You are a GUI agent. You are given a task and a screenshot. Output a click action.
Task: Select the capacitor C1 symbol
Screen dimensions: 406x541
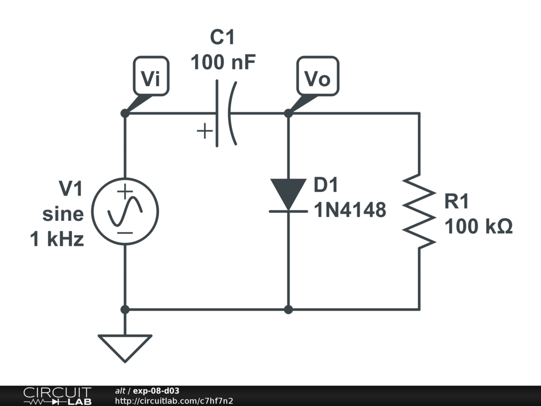coord(225,113)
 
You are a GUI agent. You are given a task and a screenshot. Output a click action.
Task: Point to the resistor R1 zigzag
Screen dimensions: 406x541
coord(419,211)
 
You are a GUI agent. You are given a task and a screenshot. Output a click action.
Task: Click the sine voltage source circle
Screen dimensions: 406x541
coord(125,211)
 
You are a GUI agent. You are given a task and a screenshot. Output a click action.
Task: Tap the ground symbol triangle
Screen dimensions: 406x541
coord(125,346)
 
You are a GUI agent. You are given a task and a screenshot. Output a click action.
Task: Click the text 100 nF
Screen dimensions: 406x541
coord(223,63)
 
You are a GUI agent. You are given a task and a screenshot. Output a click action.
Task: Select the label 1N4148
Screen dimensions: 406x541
coord(350,211)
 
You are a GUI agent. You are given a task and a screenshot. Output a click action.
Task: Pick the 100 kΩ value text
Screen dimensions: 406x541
coord(478,227)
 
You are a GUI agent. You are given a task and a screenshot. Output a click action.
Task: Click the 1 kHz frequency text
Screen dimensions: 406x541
coord(57,239)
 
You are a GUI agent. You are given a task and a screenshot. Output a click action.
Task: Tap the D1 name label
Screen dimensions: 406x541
coord(325,186)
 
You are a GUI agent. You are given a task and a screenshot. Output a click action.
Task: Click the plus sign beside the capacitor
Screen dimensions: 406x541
coord(204,131)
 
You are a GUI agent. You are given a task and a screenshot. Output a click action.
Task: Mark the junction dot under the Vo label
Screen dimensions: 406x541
coord(288,113)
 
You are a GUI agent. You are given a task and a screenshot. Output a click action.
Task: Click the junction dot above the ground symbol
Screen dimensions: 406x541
coord(125,309)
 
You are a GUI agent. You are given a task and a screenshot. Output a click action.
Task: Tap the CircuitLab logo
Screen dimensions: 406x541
coord(57,396)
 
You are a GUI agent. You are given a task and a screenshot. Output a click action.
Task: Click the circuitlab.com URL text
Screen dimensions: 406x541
coord(174,401)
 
